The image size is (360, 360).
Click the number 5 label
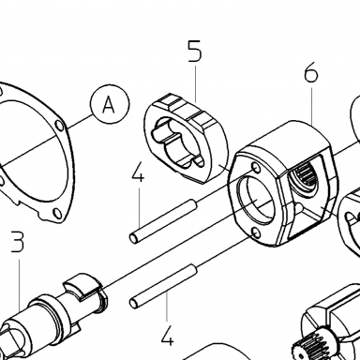pyautogui.click(x=195, y=51)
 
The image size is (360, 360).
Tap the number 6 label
pyautogui.click(x=311, y=74)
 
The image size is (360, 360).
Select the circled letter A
pyautogui.click(x=110, y=104)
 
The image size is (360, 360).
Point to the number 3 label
pyautogui.click(x=18, y=241)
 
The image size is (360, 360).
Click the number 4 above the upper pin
pyautogui.click(x=138, y=172)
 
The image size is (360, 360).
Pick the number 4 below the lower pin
pyautogui.click(x=167, y=336)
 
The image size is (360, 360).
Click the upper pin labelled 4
pyautogui.click(x=163, y=222)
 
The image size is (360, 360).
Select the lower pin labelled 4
pyautogui.click(x=163, y=286)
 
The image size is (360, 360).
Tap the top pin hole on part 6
pyautogui.click(x=257, y=168)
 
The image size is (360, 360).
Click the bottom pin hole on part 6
pyautogui.click(x=256, y=232)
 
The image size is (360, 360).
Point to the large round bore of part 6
pyautogui.click(x=256, y=201)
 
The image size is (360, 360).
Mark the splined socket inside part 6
pyautogui.click(x=306, y=177)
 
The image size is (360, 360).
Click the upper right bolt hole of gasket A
pyautogui.click(x=59, y=126)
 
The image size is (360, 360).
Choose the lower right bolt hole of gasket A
pyautogui.click(x=57, y=213)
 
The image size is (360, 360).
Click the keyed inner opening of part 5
pyautogui.click(x=177, y=143)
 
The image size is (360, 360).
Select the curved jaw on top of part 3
pyautogui.click(x=82, y=287)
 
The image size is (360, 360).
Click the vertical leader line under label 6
pyautogui.click(x=311, y=105)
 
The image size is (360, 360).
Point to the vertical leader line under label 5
pyautogui.click(x=195, y=82)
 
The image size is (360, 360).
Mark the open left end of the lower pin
pyautogui.click(x=133, y=303)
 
